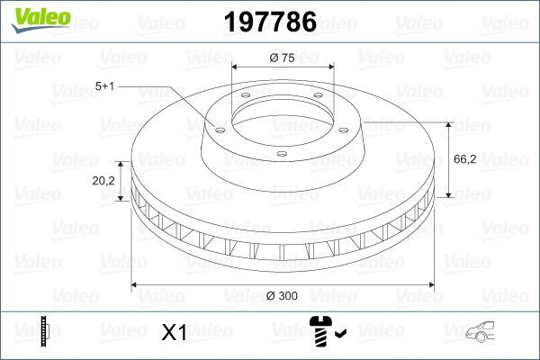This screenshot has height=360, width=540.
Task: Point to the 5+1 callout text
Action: coord(105,85)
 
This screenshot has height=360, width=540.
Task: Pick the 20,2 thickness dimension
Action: coord(103,180)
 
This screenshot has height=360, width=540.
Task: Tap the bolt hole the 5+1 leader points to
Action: coord(216,126)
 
